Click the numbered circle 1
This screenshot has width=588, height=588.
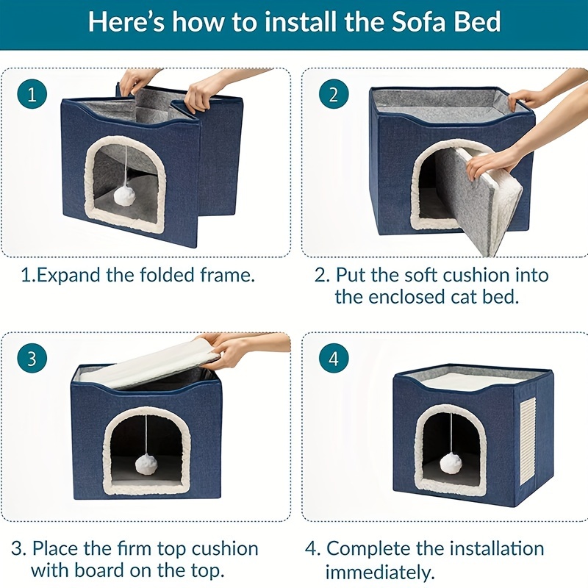pos(32,94)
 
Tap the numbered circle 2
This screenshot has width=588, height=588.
pos(334,94)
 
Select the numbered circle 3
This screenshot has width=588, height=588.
pos(32,358)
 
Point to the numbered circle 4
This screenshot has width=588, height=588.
pos(334,358)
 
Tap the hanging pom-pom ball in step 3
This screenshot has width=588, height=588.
pos(146,464)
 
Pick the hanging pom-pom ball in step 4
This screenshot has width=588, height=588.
pos(450,462)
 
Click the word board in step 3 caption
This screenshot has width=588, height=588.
pos(98,570)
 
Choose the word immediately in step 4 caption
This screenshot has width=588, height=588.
pos(380,573)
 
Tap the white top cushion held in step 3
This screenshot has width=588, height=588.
pos(150,364)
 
